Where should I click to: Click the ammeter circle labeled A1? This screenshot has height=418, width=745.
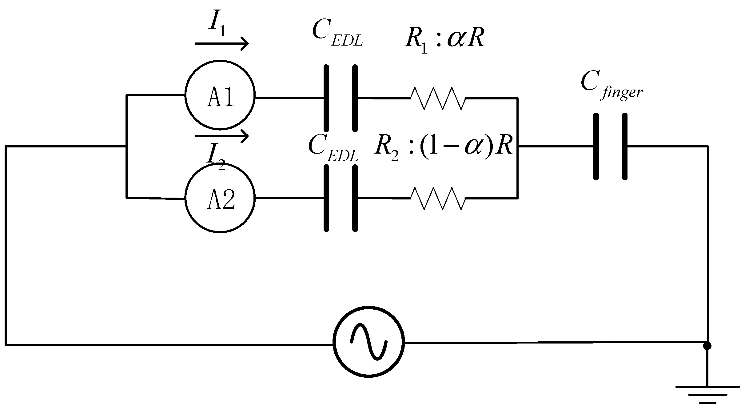pyautogui.click(x=220, y=95)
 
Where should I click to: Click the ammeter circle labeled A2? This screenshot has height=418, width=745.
pyautogui.click(x=220, y=198)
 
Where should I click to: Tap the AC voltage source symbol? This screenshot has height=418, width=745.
pyautogui.click(x=369, y=342)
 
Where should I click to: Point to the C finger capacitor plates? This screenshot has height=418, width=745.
pyautogui.click(x=610, y=147)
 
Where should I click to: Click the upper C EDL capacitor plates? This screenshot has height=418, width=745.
pyautogui.click(x=341, y=98)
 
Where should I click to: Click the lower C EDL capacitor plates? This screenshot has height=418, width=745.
pyautogui.click(x=341, y=198)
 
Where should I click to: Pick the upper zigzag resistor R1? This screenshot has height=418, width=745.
pyautogui.click(x=438, y=98)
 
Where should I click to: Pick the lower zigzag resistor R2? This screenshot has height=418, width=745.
pyautogui.click(x=438, y=198)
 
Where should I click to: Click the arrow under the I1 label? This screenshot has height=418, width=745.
pyautogui.click(x=221, y=44)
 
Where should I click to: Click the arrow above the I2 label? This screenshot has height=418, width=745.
pyautogui.click(x=221, y=136)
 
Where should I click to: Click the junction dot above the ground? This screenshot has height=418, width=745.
pyautogui.click(x=707, y=346)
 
